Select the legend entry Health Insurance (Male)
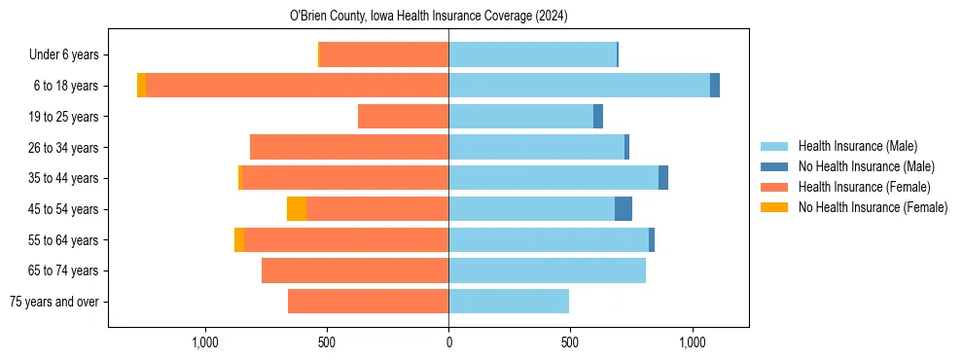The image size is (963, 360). (857, 146)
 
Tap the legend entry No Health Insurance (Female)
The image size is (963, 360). (873, 207)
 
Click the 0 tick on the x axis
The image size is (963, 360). (448, 342)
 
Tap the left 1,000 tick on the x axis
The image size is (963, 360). (204, 342)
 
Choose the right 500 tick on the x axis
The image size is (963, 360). (570, 342)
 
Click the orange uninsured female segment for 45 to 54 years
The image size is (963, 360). (297, 209)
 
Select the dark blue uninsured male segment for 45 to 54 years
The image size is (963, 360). (624, 209)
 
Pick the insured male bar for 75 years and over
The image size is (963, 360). (509, 302)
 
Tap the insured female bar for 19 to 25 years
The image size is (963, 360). (403, 117)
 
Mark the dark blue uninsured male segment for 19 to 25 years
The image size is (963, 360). (598, 117)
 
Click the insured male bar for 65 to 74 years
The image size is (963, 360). (547, 270)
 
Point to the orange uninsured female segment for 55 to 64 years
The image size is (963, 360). (239, 240)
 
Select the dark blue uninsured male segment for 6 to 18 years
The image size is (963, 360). (715, 86)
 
